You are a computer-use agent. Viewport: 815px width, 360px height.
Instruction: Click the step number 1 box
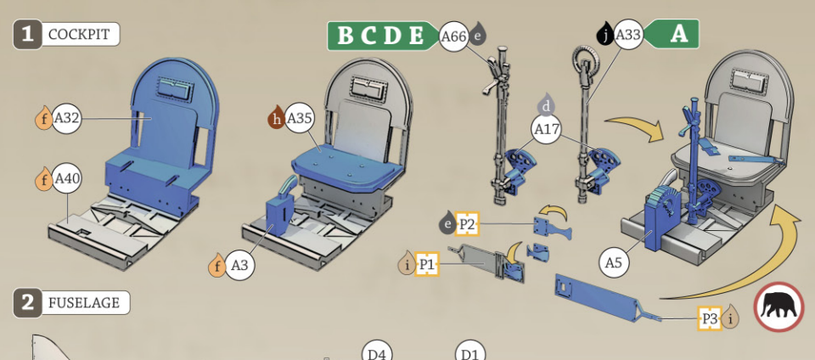[x=27, y=35]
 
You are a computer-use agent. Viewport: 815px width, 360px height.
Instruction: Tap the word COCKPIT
[x=79, y=35]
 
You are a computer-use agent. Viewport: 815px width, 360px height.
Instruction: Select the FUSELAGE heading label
[x=84, y=303]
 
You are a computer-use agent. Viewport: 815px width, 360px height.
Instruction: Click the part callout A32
[x=66, y=118]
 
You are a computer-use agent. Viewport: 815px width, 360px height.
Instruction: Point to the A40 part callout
[x=67, y=179]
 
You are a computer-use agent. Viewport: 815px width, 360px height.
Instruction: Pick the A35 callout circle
[x=300, y=119]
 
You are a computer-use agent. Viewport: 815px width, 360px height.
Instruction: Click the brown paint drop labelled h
[x=277, y=118]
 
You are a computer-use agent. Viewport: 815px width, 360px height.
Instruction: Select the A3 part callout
[x=239, y=266]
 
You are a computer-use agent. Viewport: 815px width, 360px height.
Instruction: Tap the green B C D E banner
[x=384, y=36]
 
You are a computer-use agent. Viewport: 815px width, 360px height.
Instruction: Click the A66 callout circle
[x=454, y=37]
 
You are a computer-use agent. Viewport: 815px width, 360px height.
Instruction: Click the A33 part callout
[x=628, y=36]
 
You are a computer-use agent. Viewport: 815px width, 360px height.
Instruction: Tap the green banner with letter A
[x=672, y=34]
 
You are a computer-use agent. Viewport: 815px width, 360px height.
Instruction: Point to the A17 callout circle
[x=546, y=129]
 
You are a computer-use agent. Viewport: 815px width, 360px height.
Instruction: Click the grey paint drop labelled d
[x=546, y=105]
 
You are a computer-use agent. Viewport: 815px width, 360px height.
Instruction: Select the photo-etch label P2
[x=467, y=224]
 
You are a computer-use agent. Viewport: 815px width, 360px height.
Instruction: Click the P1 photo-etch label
[x=427, y=264]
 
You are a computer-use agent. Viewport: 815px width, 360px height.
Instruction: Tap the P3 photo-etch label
[x=710, y=318]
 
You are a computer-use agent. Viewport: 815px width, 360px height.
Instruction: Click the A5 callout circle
[x=614, y=263]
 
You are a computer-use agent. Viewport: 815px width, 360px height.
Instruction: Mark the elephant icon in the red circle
[x=778, y=307]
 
